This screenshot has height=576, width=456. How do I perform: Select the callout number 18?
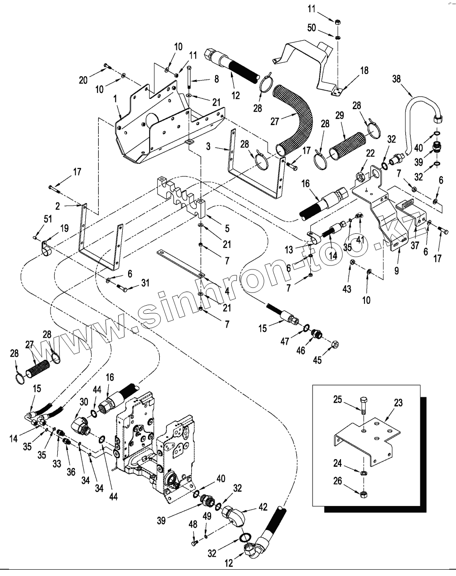[364, 70]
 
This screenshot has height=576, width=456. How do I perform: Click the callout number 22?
[370, 154]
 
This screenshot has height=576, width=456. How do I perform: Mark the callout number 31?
[145, 283]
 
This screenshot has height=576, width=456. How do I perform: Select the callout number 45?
[318, 360]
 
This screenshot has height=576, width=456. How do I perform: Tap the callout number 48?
[193, 525]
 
